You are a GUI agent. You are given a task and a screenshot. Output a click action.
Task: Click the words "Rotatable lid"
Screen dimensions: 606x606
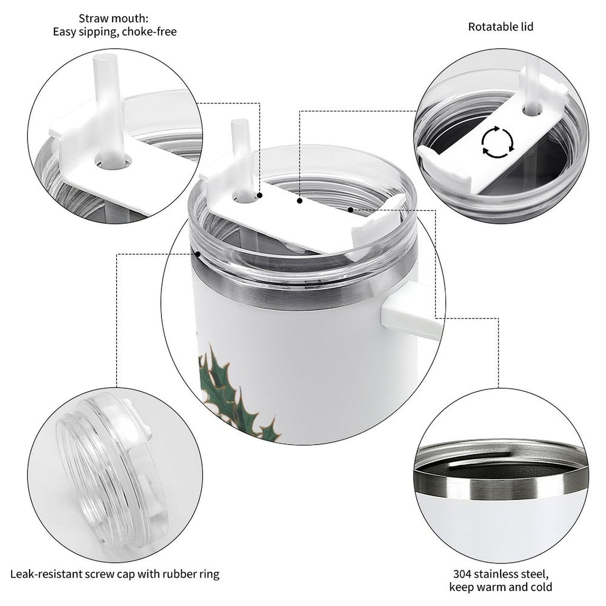click(x=500, y=27)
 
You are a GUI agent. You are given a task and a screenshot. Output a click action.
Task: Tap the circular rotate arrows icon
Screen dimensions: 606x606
click(x=497, y=142)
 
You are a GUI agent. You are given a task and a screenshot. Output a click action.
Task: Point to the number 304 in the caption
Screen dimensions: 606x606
click(x=462, y=573)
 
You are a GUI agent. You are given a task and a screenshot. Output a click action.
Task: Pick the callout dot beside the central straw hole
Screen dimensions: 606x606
click(x=260, y=195)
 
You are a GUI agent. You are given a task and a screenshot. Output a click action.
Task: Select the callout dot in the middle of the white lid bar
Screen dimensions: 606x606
click(x=299, y=201)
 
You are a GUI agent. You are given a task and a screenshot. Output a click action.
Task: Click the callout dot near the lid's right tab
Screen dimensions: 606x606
click(x=350, y=209)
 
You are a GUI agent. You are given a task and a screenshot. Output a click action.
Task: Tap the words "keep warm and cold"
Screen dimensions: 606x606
click(x=500, y=587)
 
